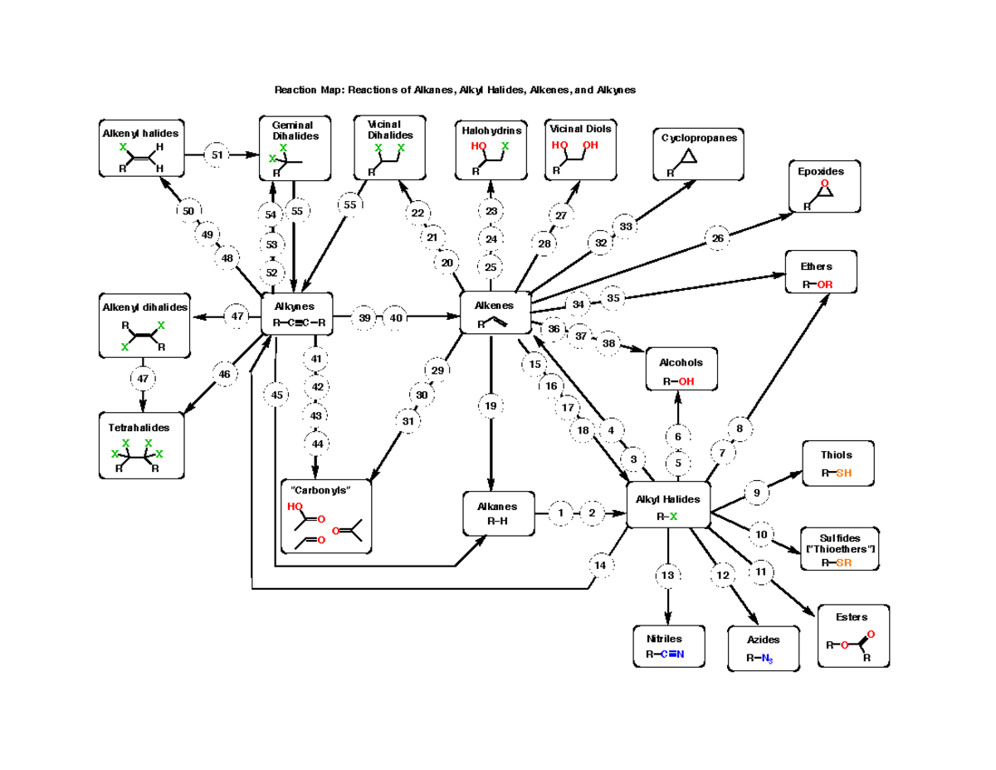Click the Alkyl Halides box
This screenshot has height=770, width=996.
(668, 506)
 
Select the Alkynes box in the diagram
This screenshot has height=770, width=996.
(297, 314)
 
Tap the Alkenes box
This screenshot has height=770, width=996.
(495, 313)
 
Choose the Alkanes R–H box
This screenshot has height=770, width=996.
(496, 513)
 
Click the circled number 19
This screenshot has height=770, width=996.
(491, 406)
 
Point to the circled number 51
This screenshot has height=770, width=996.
(217, 154)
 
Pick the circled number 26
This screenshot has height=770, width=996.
(718, 239)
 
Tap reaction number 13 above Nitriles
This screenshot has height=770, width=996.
(668, 575)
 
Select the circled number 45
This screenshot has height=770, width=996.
(276, 395)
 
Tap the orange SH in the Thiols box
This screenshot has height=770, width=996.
(842, 473)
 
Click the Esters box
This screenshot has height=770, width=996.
(853, 636)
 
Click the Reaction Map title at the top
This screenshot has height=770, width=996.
(455, 90)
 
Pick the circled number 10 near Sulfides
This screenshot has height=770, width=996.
(761, 534)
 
